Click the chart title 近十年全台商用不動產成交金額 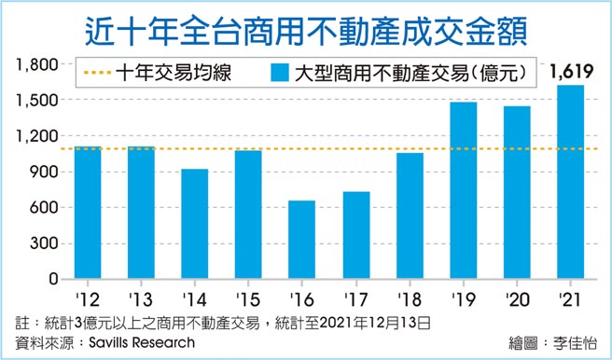305,28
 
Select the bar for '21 570,182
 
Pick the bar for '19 463,190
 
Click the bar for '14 194,224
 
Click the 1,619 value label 571,72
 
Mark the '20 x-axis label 516,300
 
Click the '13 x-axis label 141,300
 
